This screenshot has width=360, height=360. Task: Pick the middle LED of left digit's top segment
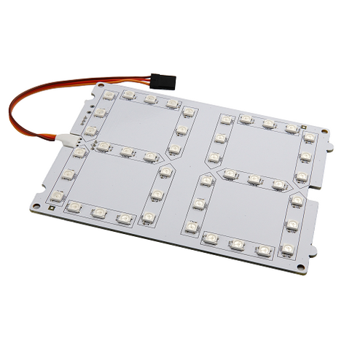point(150,98)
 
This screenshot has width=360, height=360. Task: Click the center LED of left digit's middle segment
point(127,152)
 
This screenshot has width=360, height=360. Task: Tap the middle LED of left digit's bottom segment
point(99,213)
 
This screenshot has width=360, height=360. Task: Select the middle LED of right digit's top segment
point(269,124)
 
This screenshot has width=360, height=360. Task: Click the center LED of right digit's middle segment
point(254,179)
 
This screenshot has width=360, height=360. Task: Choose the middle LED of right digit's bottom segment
point(236,243)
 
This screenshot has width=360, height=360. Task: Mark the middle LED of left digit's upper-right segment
point(181,130)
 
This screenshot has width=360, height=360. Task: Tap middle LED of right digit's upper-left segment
point(220,138)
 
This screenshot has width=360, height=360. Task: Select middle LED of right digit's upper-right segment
point(305,156)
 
